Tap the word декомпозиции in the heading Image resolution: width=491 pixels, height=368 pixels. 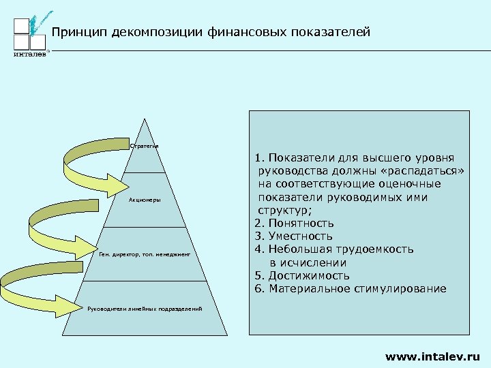coord(151,32)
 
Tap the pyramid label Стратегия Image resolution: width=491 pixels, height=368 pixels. coord(144,146)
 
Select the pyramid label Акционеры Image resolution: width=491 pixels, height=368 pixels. coord(144,200)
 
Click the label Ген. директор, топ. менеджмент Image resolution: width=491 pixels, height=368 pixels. coord(144,254)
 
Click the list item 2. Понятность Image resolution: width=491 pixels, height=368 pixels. coord(294,224)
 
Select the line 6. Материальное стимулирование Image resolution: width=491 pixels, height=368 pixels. coord(350,289)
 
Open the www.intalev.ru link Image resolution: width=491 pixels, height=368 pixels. coord(432,356)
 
